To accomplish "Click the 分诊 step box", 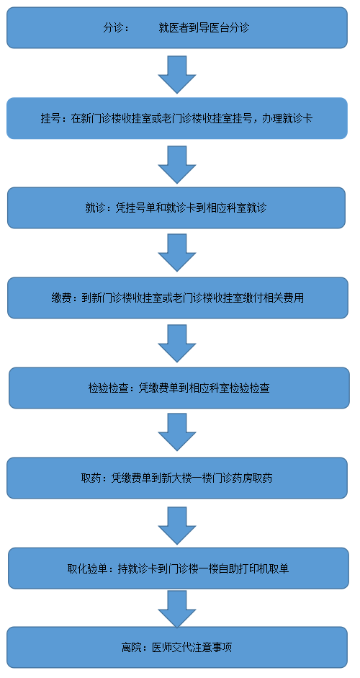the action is point(177,27).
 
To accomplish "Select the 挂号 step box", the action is point(177,118).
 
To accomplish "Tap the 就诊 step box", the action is point(176,208).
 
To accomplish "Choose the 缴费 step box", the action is point(178,298).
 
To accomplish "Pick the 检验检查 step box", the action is point(179,388).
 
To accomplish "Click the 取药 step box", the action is point(177,478).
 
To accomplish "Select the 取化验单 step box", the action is point(179,568).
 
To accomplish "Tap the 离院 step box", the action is point(177,647).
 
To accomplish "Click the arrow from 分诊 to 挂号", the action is point(177,74).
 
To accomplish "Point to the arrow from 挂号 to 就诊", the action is point(177,164).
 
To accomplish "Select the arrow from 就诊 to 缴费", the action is point(177,253).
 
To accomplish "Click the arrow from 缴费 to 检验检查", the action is point(177,344).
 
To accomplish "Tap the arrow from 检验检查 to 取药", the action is point(177,432).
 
